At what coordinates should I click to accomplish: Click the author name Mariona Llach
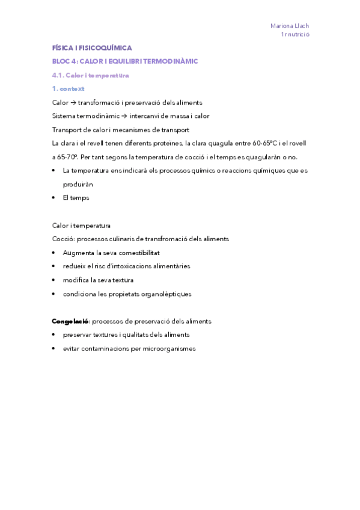click(289, 26)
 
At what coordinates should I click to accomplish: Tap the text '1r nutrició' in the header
click(294, 35)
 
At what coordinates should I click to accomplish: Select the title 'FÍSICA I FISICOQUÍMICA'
click(92, 48)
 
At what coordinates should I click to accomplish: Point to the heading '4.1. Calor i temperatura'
click(91, 76)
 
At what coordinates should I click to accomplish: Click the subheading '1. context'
click(69, 89)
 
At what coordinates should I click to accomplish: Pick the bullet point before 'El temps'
click(55, 198)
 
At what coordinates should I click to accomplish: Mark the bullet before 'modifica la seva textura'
click(55, 280)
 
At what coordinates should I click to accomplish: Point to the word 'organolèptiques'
click(163, 294)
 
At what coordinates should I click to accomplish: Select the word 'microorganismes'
click(168, 349)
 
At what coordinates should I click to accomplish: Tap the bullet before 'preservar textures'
click(55, 335)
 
